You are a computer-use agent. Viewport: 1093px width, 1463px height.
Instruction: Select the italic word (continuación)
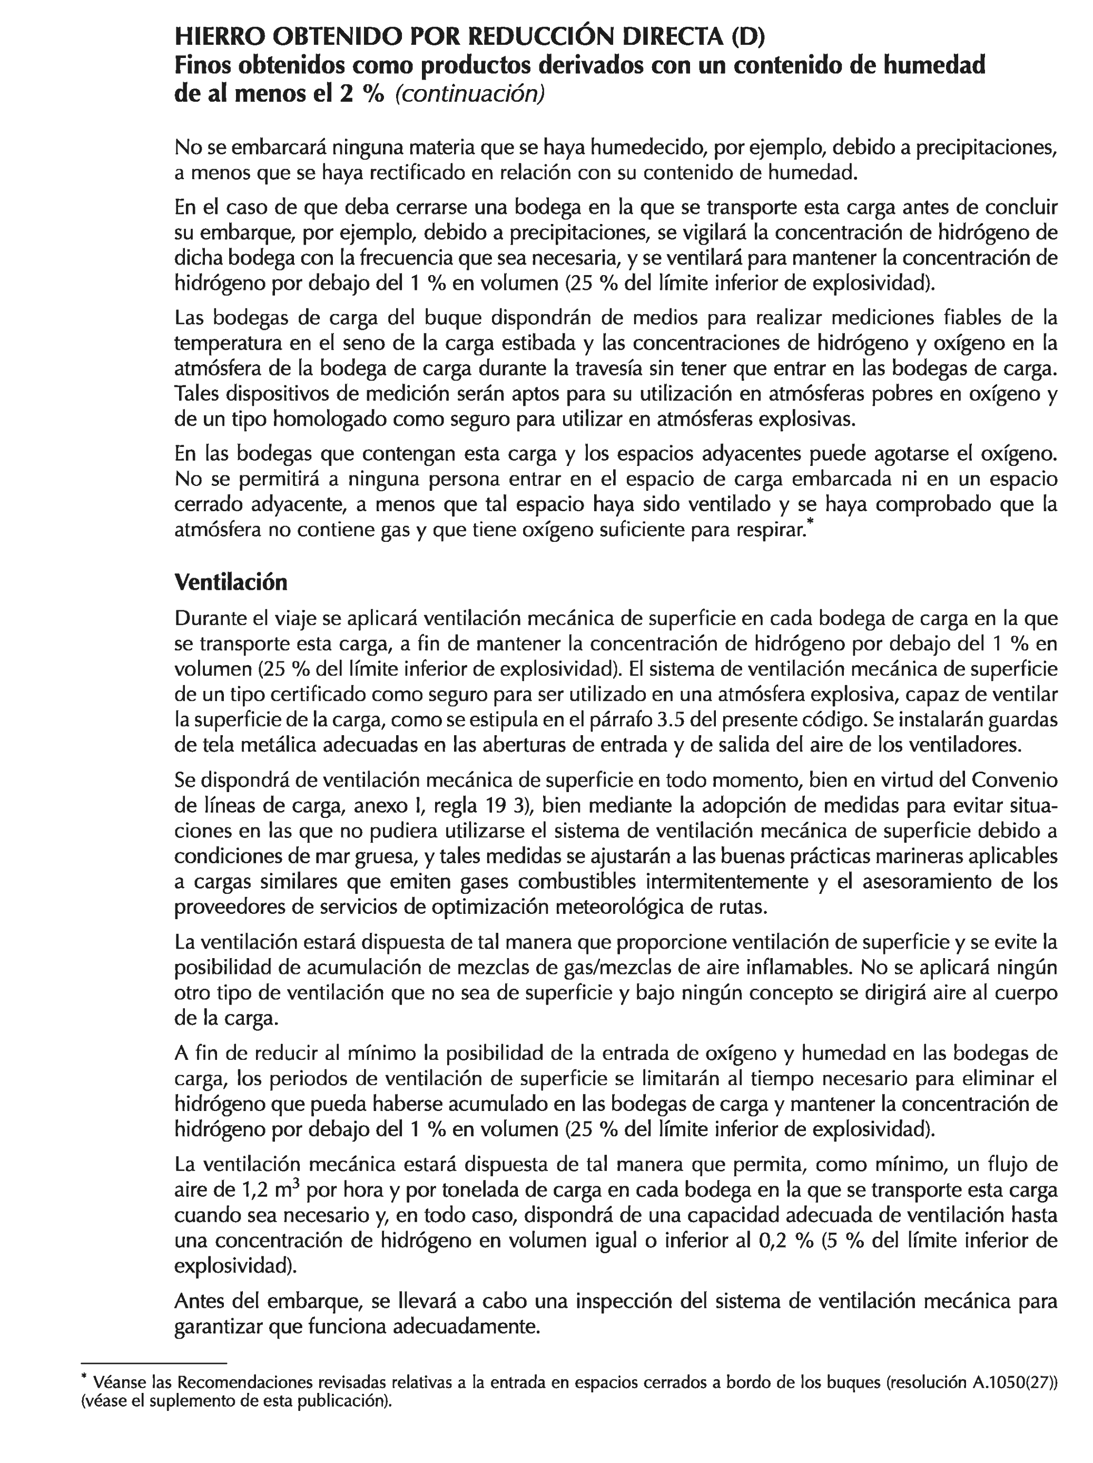pyautogui.click(x=469, y=94)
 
